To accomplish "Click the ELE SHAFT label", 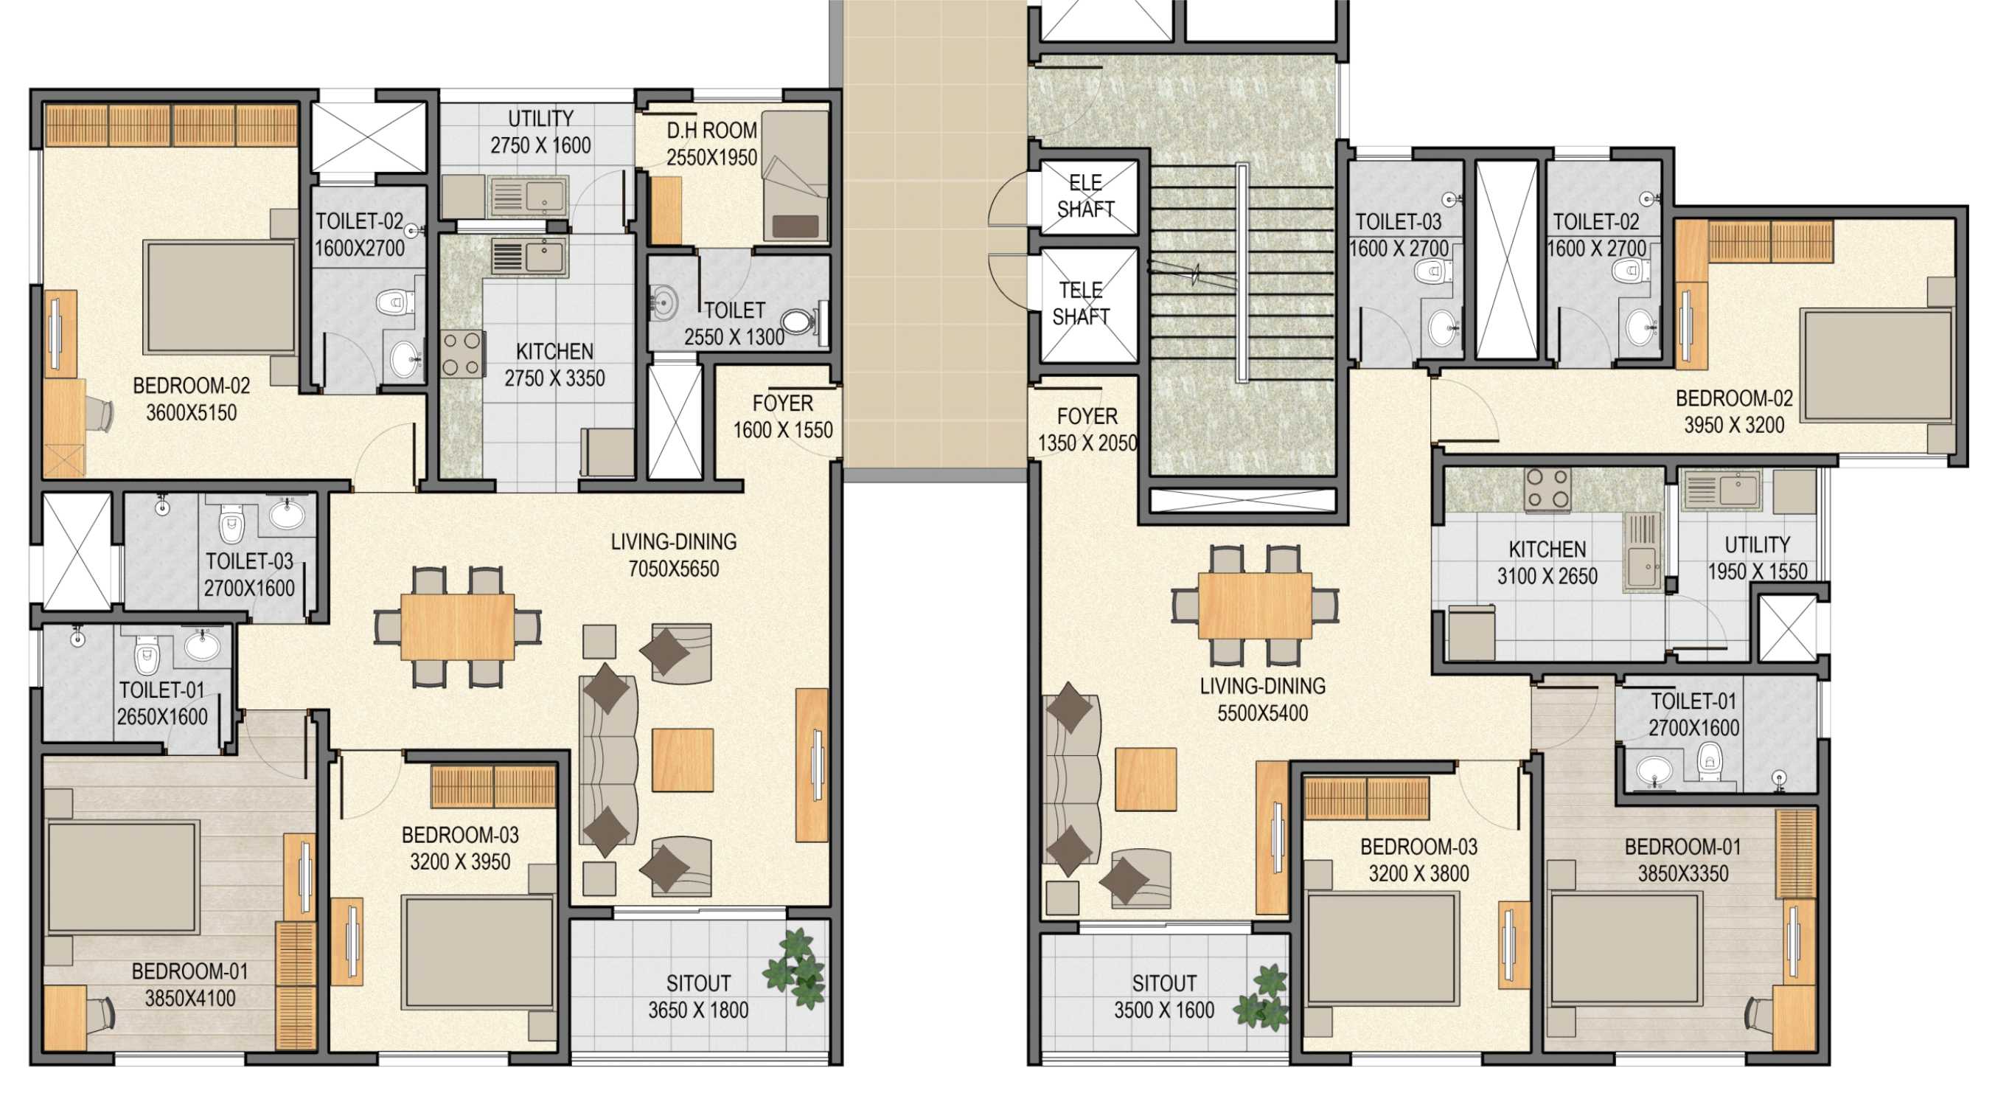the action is pos(1086,196).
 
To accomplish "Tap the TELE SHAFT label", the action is pos(1082,303).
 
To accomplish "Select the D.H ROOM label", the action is pos(711,130).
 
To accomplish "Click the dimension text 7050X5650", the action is pos(674,569).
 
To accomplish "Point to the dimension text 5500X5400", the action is pos(1263,712).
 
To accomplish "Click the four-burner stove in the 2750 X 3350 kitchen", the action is pos(462,354).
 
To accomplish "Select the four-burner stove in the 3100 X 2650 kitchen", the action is pos(1548,488).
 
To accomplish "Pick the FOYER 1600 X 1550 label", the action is pos(783,417).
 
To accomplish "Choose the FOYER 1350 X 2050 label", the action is pos(1087,430).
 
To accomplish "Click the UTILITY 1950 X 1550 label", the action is pos(1758,558).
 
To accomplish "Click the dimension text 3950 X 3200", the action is pos(1734,425).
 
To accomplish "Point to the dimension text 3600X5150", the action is pos(192,412).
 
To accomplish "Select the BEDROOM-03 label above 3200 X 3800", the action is pos(1419,847).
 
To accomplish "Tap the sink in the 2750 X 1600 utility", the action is pos(529,195).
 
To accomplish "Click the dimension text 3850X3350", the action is pos(1683,873).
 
